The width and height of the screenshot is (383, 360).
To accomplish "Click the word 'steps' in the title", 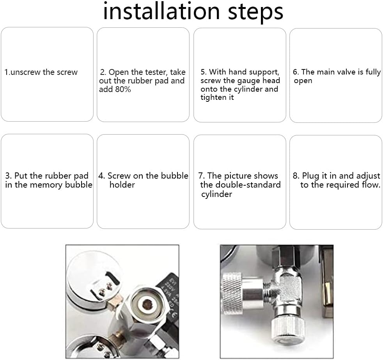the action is pyautogui.click(x=255, y=13).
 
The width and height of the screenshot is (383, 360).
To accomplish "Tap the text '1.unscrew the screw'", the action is pyautogui.click(x=41, y=72).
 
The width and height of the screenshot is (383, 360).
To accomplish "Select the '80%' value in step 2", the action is pyautogui.click(x=123, y=89).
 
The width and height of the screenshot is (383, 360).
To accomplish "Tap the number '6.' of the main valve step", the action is pyautogui.click(x=296, y=72).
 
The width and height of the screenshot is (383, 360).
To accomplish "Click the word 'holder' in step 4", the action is pyautogui.click(x=122, y=184).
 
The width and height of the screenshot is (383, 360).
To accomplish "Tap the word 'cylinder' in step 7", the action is pyautogui.click(x=216, y=194).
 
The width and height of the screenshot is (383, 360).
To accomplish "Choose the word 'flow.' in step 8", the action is pyautogui.click(x=371, y=184).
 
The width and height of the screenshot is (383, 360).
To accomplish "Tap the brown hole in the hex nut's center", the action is pyautogui.click(x=147, y=304).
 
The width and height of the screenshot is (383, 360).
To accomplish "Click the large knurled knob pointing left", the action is pyautogui.click(x=232, y=293).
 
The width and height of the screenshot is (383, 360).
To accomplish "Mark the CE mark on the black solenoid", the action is pyautogui.click(x=174, y=315).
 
